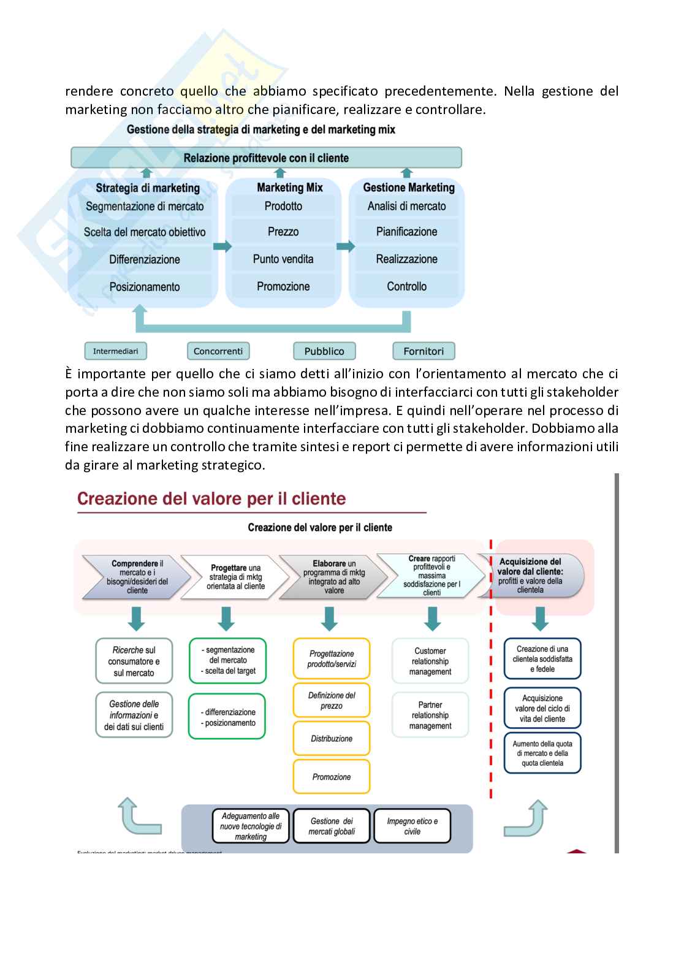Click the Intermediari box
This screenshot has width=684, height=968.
115,351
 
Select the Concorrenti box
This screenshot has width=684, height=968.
218,351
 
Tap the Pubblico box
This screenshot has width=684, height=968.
324,351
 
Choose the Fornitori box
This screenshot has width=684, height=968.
424,351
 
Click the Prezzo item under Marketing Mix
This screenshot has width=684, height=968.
283,232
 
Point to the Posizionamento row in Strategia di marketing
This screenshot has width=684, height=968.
145,286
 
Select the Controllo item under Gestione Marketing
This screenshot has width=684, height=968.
406,286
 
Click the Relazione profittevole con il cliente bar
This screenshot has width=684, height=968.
266,158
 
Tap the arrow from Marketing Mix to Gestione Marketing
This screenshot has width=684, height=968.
345,246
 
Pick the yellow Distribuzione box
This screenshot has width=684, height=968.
332,739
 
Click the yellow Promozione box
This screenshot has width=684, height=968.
332,777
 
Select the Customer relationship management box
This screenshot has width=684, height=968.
430,661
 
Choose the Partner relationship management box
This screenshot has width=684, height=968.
430,715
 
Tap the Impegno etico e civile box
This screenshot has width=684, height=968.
412,826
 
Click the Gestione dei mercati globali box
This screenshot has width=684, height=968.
332,826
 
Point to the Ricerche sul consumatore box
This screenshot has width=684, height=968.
134,661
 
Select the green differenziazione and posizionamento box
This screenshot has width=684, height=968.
227,717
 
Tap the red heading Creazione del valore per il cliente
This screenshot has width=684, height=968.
211,498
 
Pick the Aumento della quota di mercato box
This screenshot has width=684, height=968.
542,753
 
